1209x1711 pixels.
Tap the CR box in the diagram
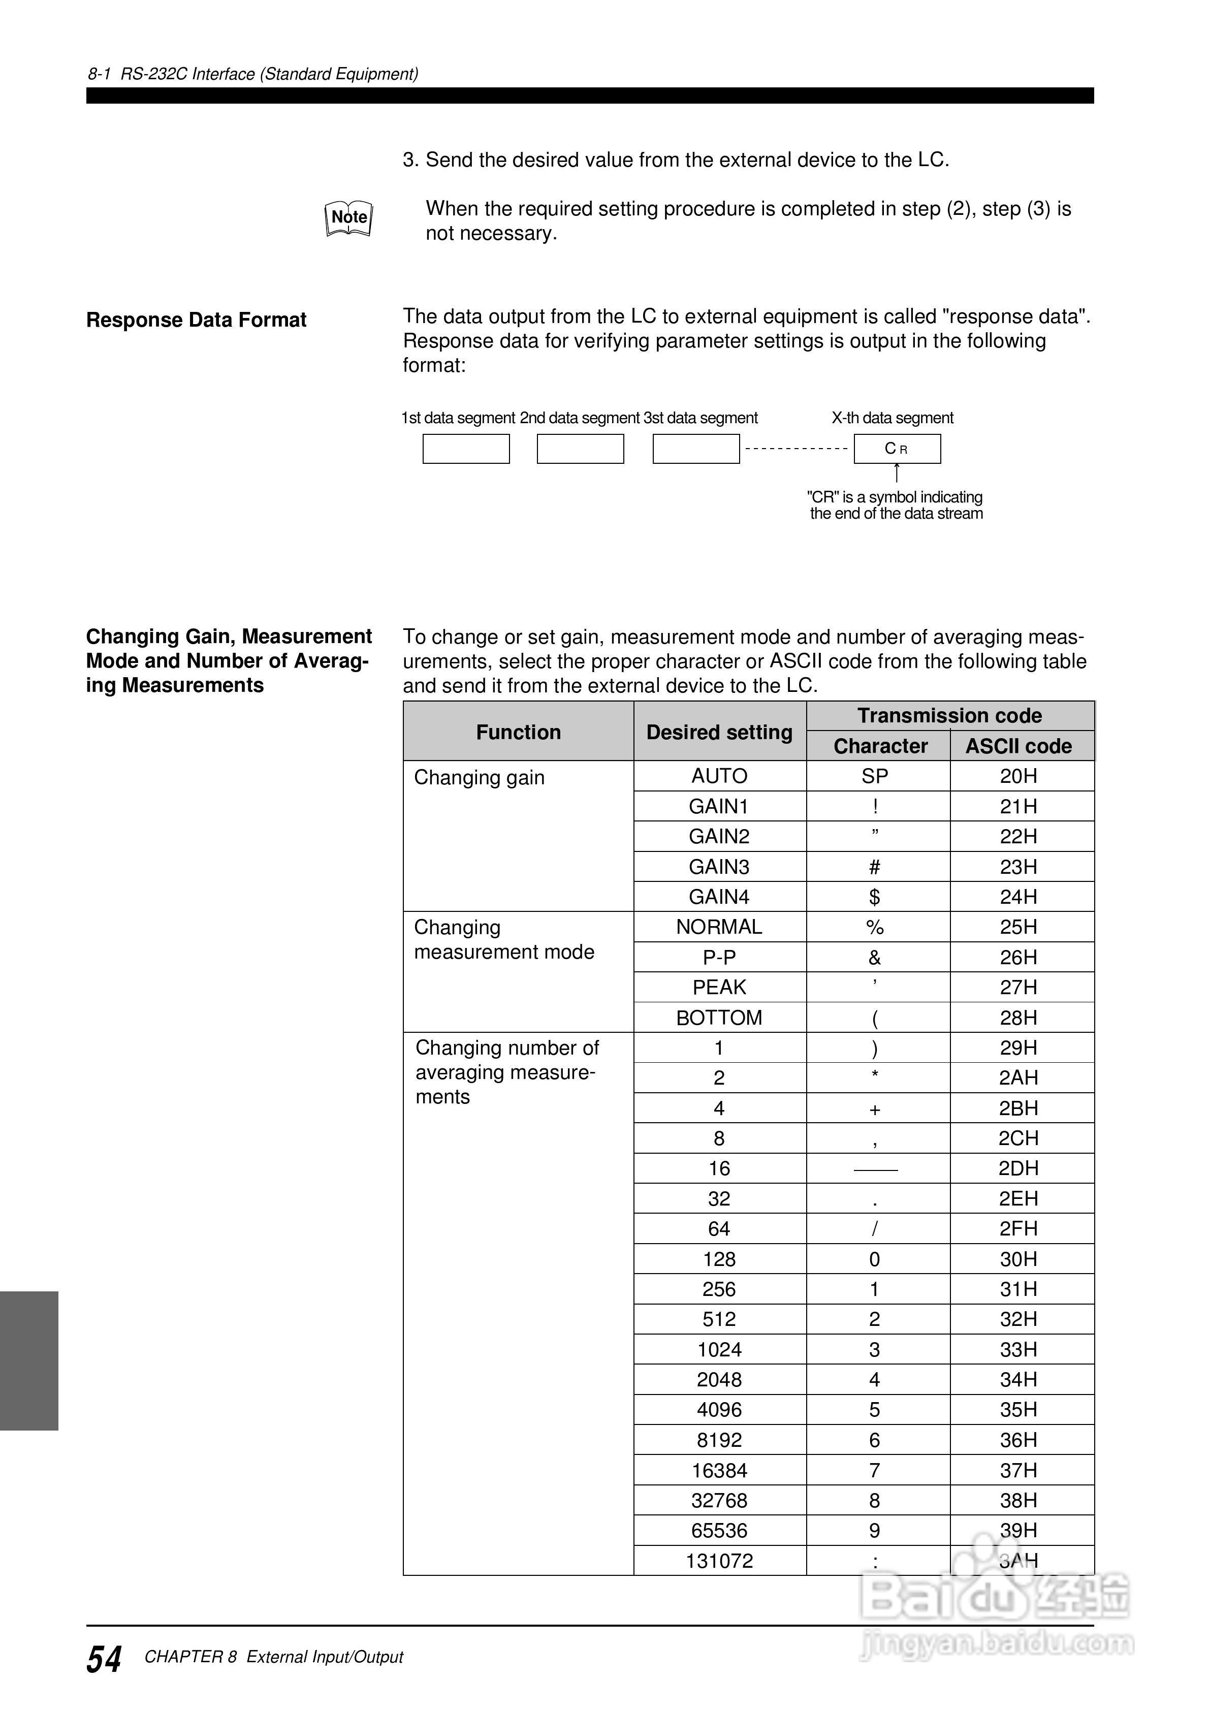(897, 449)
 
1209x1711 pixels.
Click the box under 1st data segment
(466, 449)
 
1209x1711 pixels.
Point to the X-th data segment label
(892, 418)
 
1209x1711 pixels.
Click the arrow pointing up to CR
(897, 473)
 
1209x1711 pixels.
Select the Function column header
(518, 732)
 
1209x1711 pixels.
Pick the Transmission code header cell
(949, 715)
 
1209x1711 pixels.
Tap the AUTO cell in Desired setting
(719, 777)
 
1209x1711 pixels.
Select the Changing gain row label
(479, 777)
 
